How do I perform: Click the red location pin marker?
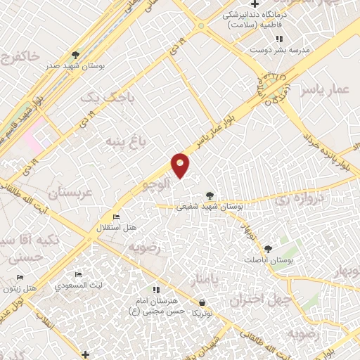[181, 164]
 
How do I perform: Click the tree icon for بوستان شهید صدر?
[76, 54]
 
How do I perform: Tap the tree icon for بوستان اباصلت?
[267, 248]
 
